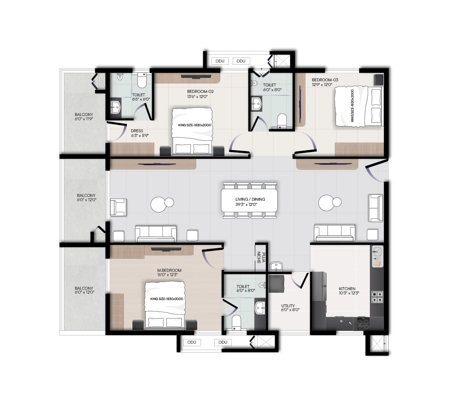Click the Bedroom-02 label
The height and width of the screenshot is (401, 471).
200,94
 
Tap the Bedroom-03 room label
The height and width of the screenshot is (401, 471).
325,82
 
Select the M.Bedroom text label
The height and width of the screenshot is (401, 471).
169,272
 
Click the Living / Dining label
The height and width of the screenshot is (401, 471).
250,202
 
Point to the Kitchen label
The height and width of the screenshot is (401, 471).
347,291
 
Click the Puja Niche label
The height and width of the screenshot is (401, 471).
261,257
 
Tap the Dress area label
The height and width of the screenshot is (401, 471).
139,133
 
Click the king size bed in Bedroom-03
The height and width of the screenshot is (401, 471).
359,107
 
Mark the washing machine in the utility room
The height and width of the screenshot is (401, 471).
276,283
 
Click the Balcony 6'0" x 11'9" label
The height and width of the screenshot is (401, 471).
84,117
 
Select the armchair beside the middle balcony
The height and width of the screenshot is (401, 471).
118,208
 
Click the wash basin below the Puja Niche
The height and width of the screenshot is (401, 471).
276,266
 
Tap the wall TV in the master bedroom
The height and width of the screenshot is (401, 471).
166,249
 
